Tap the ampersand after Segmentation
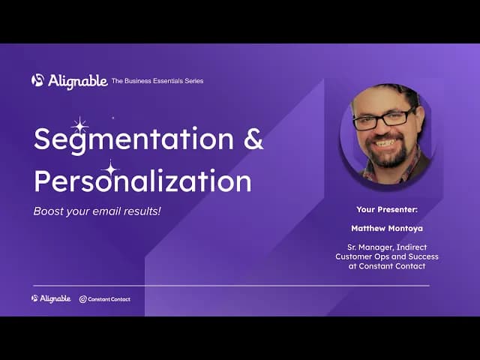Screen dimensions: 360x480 click(x=254, y=139)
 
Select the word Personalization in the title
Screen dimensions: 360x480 click(x=142, y=181)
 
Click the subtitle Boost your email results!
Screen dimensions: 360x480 click(x=97, y=211)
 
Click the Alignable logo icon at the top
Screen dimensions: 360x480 click(x=37, y=80)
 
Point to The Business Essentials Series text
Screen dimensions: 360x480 click(x=157, y=81)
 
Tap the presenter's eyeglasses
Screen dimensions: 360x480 click(x=383, y=118)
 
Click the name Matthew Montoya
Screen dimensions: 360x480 click(x=386, y=227)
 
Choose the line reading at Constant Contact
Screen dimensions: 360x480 click(x=386, y=266)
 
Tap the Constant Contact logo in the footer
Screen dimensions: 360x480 click(x=105, y=299)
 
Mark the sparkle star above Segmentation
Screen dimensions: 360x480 click(x=79, y=125)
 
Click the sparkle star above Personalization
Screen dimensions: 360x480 click(x=110, y=169)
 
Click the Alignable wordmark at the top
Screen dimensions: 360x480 click(x=77, y=81)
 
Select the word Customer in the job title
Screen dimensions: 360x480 click(x=355, y=257)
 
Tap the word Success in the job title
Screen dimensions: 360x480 click(x=424, y=257)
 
